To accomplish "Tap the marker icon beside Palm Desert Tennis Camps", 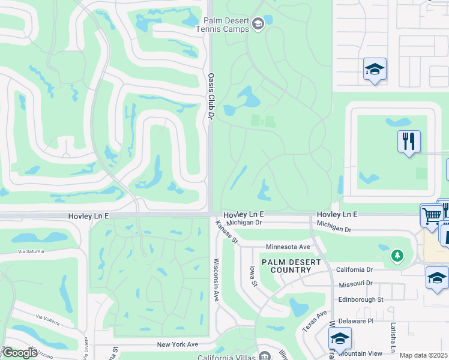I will (258, 24).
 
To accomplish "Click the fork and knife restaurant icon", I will (409, 142).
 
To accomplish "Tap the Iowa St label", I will (254, 275).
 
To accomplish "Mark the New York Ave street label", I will (177, 344).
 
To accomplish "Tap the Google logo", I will (20, 353).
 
